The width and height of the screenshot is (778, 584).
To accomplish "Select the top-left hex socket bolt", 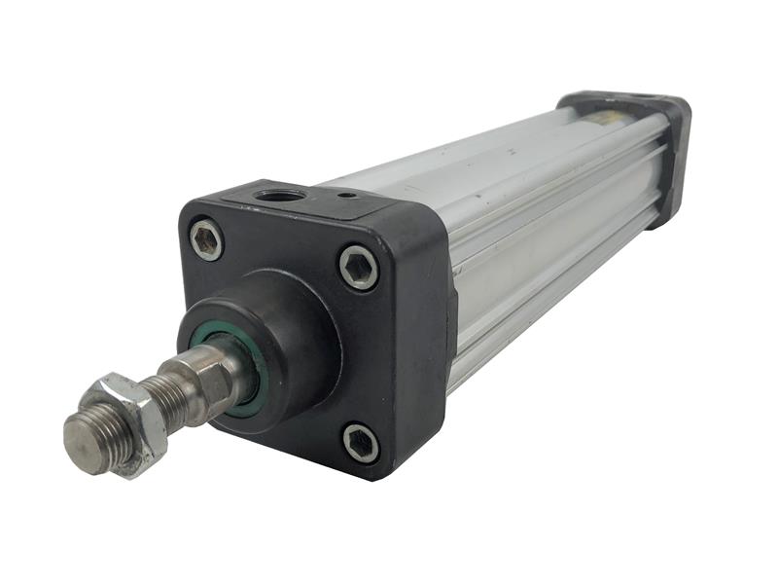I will pos(206,239).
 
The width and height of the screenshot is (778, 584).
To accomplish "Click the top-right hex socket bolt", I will pos(359,267).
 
